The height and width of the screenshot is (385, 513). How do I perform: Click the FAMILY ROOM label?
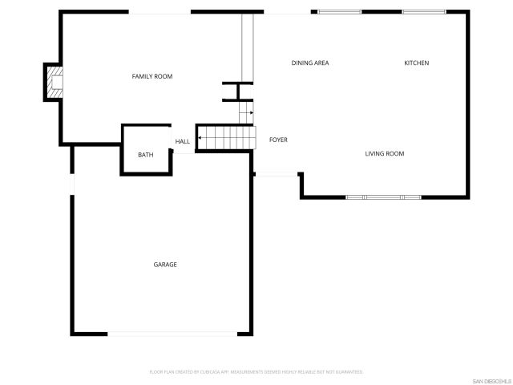152,76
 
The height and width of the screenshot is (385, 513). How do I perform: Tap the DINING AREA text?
310,63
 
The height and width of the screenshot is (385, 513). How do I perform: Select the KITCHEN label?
416,63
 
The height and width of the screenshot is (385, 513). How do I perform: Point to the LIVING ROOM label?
385,153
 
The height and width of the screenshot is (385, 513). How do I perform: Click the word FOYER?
278,140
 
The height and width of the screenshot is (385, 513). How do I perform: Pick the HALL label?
183,141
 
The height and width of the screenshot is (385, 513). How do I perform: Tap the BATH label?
145,155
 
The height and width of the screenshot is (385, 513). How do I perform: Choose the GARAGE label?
165,264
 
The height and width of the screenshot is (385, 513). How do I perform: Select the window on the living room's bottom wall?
383,197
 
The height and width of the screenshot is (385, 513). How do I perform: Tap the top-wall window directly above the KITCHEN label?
424,12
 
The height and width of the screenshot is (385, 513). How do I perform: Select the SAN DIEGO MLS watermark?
490,380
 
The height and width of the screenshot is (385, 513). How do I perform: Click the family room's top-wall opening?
160,12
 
